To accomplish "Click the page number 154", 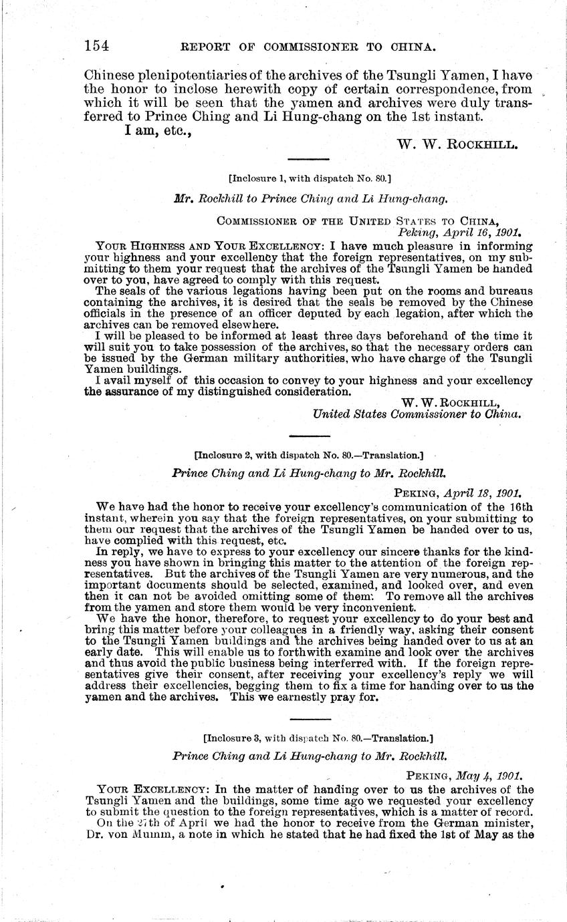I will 96,46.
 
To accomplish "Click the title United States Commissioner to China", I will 417,414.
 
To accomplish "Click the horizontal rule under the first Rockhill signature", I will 308,159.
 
